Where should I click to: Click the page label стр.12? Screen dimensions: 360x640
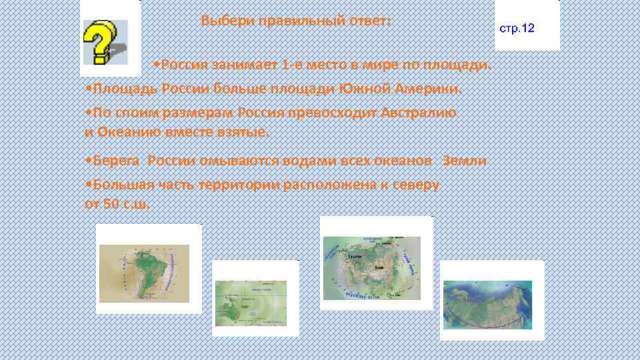pyautogui.click(x=517, y=29)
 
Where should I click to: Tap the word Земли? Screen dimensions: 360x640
pyautogui.click(x=465, y=161)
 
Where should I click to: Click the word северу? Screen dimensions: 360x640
pyautogui.click(x=413, y=185)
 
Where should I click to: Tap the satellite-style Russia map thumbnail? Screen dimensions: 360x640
pyautogui.click(x=488, y=302)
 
